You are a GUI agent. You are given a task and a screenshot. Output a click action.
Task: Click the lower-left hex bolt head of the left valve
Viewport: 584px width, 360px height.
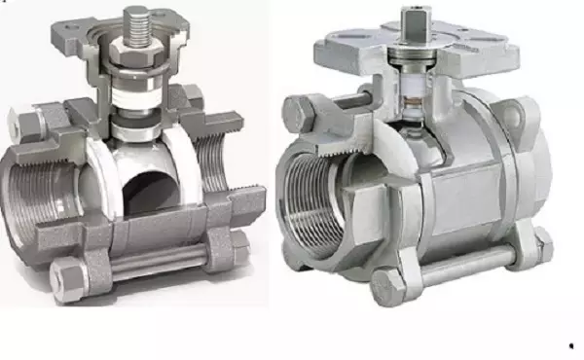[67, 276]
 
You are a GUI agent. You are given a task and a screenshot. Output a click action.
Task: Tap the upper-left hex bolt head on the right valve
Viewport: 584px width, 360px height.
[298, 112]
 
